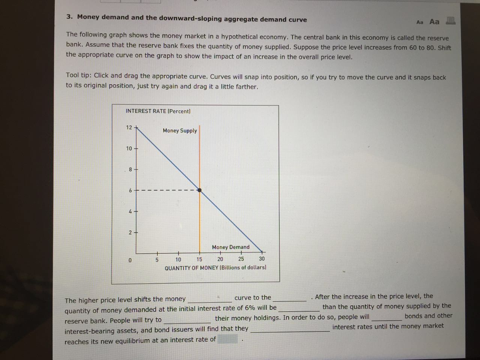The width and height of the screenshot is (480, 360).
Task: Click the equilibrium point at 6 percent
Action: [x=200, y=190]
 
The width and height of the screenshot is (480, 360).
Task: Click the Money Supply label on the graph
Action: [x=180, y=131]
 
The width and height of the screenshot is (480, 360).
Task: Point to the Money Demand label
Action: [x=231, y=247]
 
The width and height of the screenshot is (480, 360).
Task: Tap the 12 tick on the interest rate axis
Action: [x=129, y=127]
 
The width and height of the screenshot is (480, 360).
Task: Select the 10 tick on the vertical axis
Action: [x=129, y=149]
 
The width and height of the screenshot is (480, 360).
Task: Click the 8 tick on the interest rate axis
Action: [x=130, y=169]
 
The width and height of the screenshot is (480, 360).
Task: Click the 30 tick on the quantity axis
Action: [x=262, y=259]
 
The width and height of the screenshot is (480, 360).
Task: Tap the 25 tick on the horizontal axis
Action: [x=241, y=259]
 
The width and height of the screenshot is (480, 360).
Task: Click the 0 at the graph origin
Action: [x=130, y=259]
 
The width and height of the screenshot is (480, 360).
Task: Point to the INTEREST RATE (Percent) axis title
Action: [x=158, y=111]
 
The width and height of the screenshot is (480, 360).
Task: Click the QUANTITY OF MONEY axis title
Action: [x=216, y=268]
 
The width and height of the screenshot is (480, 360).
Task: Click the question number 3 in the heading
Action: [x=69, y=17]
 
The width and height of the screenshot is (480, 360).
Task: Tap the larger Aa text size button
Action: [x=435, y=22]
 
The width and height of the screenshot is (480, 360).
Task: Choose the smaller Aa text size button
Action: [x=420, y=22]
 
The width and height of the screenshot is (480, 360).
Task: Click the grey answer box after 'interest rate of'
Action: [x=227, y=339]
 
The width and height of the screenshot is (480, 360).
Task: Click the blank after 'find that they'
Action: [x=290, y=329]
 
